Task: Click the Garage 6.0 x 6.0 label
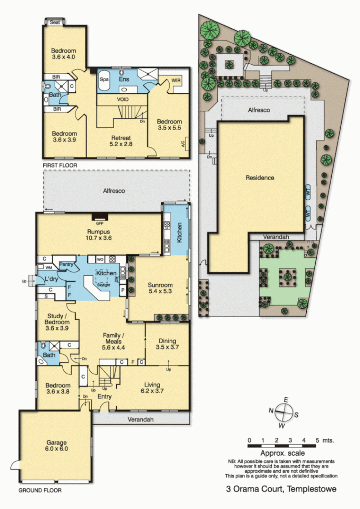coord(57,445)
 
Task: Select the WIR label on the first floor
coord(177,80)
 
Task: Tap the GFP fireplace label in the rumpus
coord(99,224)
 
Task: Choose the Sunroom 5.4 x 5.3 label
coord(160,288)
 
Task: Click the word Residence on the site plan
coord(260,178)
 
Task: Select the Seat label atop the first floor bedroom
coord(55,22)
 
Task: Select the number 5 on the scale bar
coord(318,440)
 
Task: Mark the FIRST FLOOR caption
coord(59,165)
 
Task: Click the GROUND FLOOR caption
coord(40,490)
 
